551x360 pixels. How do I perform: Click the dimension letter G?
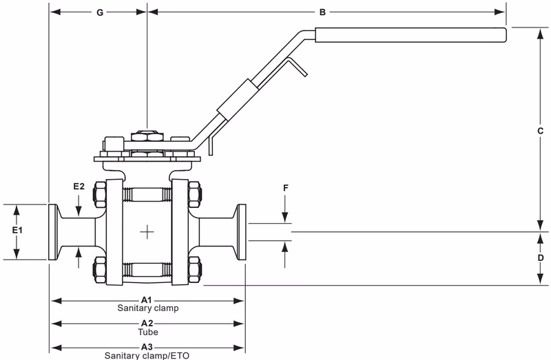pos(100,12)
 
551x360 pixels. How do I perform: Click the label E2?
pos(80,186)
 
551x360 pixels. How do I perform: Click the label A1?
pos(147,300)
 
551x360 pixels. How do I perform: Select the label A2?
pos(147,323)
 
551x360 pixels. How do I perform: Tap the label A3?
pos(147,346)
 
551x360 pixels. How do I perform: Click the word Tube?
pos(147,331)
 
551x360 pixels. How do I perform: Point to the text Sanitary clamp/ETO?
pos(147,355)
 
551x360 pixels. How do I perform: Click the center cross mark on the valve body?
pos(147,233)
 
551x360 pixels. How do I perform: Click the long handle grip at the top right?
pos(411,34)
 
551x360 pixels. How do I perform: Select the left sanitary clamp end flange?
pos(53,232)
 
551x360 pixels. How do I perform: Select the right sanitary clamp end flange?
pos(241,232)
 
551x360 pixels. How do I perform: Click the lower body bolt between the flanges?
pos(147,269)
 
